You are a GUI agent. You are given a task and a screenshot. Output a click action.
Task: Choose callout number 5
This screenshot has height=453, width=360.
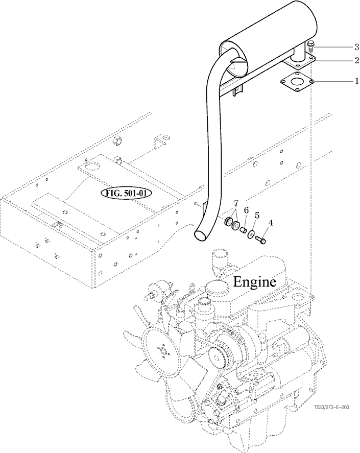point(257,216)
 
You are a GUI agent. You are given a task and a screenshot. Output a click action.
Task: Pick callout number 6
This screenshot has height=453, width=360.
point(246,210)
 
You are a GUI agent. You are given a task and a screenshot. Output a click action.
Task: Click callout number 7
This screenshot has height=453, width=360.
point(235,204)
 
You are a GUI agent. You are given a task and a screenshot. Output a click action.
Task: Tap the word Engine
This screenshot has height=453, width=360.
point(254,281)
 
